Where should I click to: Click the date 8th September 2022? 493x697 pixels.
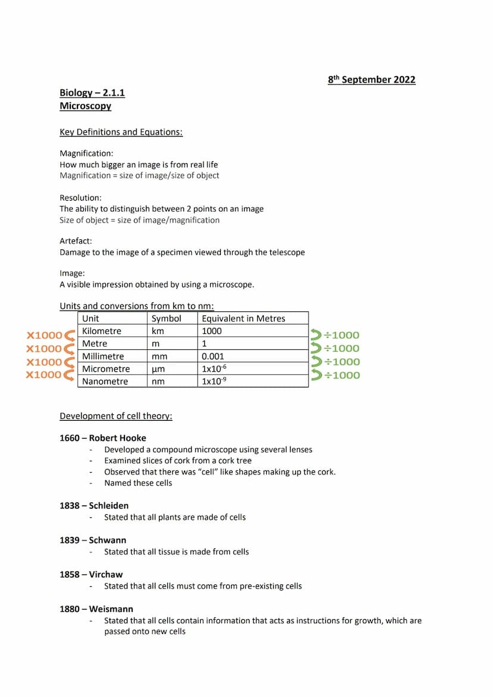tap(372, 80)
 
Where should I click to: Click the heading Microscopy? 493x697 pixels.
tap(85, 106)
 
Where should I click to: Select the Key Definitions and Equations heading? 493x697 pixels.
tap(121, 132)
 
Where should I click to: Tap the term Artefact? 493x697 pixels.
tap(76, 241)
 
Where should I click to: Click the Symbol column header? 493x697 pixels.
tap(166, 318)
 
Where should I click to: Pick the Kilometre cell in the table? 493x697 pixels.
tap(101, 331)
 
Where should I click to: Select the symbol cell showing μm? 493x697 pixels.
tap(158, 369)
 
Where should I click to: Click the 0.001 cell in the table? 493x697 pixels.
tap(213, 357)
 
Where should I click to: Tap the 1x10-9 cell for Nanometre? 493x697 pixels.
tap(214, 382)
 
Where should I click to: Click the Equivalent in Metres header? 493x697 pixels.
tap(243, 318)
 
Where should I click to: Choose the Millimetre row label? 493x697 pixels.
tap(103, 357)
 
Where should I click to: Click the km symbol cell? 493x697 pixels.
tap(158, 331)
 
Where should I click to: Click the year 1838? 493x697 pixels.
tap(69, 506)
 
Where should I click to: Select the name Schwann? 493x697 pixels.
tap(107, 540)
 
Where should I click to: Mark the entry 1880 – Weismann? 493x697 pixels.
tap(96, 610)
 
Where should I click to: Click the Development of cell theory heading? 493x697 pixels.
tap(116, 416)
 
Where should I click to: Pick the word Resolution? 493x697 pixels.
tap(80, 198)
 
